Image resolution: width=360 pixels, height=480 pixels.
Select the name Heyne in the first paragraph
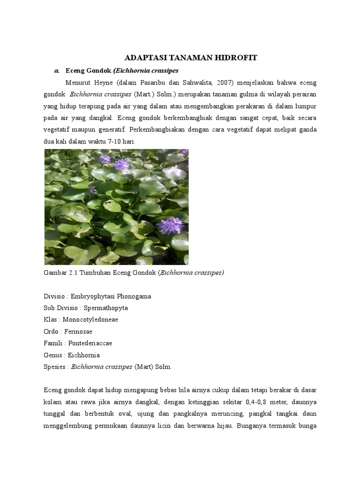coord(97,83)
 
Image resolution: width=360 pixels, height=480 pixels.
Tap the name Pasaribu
coord(157,83)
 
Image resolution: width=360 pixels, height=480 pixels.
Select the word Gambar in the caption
coord(55,273)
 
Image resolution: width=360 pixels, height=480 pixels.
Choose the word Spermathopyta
coord(105,308)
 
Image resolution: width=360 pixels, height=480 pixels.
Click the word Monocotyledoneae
coord(94,320)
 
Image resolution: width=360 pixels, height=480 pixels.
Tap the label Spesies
coord(55,367)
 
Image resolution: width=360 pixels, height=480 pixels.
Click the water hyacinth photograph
coord(116,207)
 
